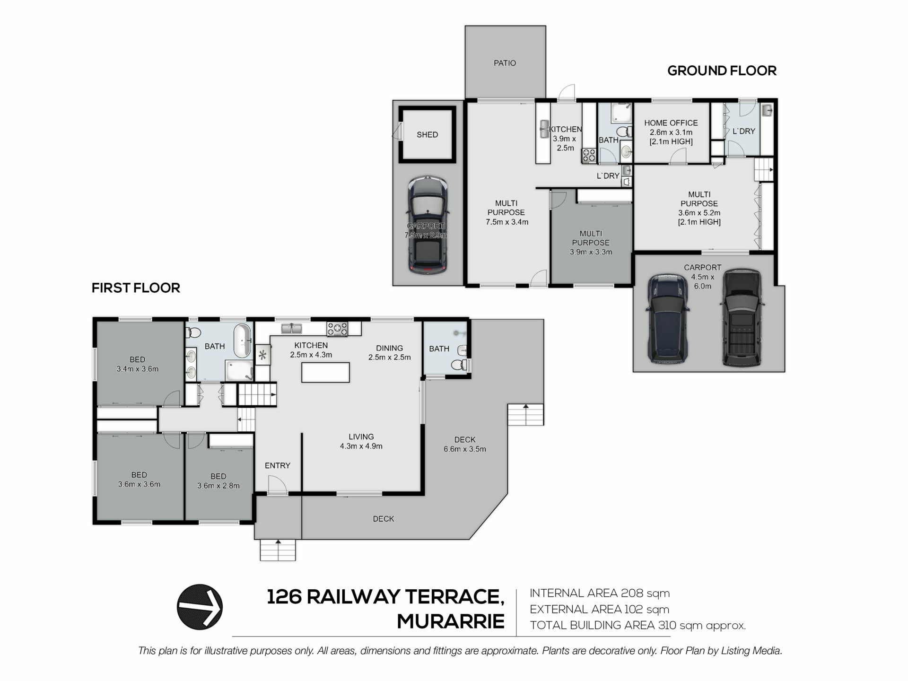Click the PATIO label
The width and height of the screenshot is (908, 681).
tap(505, 63)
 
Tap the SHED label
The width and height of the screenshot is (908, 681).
tap(427, 135)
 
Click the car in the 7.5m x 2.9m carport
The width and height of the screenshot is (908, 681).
tap(428, 225)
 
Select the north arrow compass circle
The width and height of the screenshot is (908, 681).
tap(200, 607)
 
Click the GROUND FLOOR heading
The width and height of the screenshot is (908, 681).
tap(722, 71)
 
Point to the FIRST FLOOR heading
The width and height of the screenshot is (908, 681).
tap(136, 288)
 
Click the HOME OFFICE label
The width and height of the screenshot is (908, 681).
tap(671, 123)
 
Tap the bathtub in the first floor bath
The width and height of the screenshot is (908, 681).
tap(243, 340)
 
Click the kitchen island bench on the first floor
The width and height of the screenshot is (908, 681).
tap(325, 372)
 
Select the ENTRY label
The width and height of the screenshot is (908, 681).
tap(278, 466)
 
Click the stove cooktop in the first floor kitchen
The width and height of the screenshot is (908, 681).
tap(337, 329)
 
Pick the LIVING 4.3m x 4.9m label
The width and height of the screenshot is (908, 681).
tap(361, 441)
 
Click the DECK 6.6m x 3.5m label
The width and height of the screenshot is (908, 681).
tap(465, 445)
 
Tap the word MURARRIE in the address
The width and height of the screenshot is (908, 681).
tap(450, 621)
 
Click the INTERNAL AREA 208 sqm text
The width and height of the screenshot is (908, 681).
tap(600, 593)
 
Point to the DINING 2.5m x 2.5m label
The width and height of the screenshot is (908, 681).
tap(390, 353)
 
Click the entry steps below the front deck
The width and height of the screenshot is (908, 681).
tap(278, 550)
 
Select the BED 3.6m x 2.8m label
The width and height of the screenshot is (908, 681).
tap(218, 481)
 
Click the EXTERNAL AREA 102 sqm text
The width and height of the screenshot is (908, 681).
tap(600, 609)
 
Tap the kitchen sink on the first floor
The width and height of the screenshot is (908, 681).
tap(292, 328)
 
